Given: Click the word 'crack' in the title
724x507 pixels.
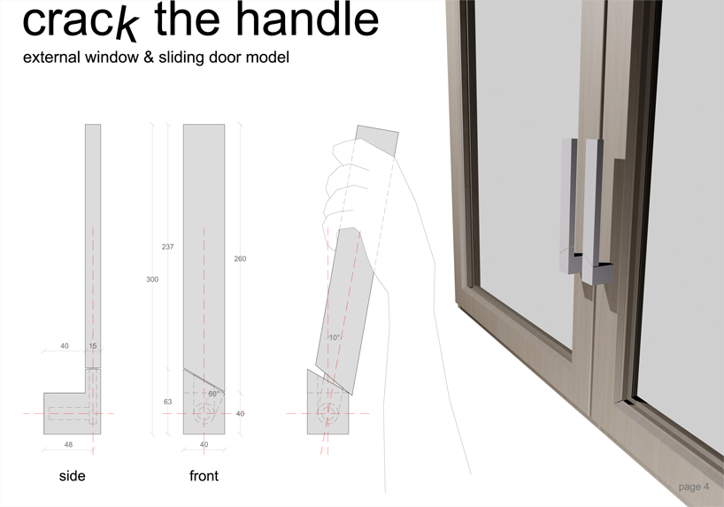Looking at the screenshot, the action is [80, 21].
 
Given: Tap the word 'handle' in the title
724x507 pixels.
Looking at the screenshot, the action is [307, 19].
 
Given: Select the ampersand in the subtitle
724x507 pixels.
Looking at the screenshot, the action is [148, 58].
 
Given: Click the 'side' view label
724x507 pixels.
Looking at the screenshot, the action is [72, 476].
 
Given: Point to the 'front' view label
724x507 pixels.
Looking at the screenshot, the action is [204, 476].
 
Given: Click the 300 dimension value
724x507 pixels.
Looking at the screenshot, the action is [152, 280].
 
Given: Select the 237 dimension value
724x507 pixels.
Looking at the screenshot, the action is [167, 247].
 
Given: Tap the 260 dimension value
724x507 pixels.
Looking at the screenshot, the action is [240, 258].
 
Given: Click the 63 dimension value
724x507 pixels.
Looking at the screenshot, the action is [167, 402].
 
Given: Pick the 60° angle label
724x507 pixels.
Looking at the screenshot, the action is [213, 394].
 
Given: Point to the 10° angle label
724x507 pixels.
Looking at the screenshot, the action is [335, 337].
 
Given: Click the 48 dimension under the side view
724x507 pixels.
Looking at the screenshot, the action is [68, 445].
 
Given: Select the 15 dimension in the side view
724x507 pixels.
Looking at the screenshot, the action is [93, 346].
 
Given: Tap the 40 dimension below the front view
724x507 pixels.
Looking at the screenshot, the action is [204, 445].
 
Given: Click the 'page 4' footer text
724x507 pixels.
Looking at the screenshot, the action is [694, 487].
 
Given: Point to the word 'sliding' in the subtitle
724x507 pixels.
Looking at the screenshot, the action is [181, 58].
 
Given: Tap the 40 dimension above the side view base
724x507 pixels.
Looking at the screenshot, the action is [65, 346].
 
